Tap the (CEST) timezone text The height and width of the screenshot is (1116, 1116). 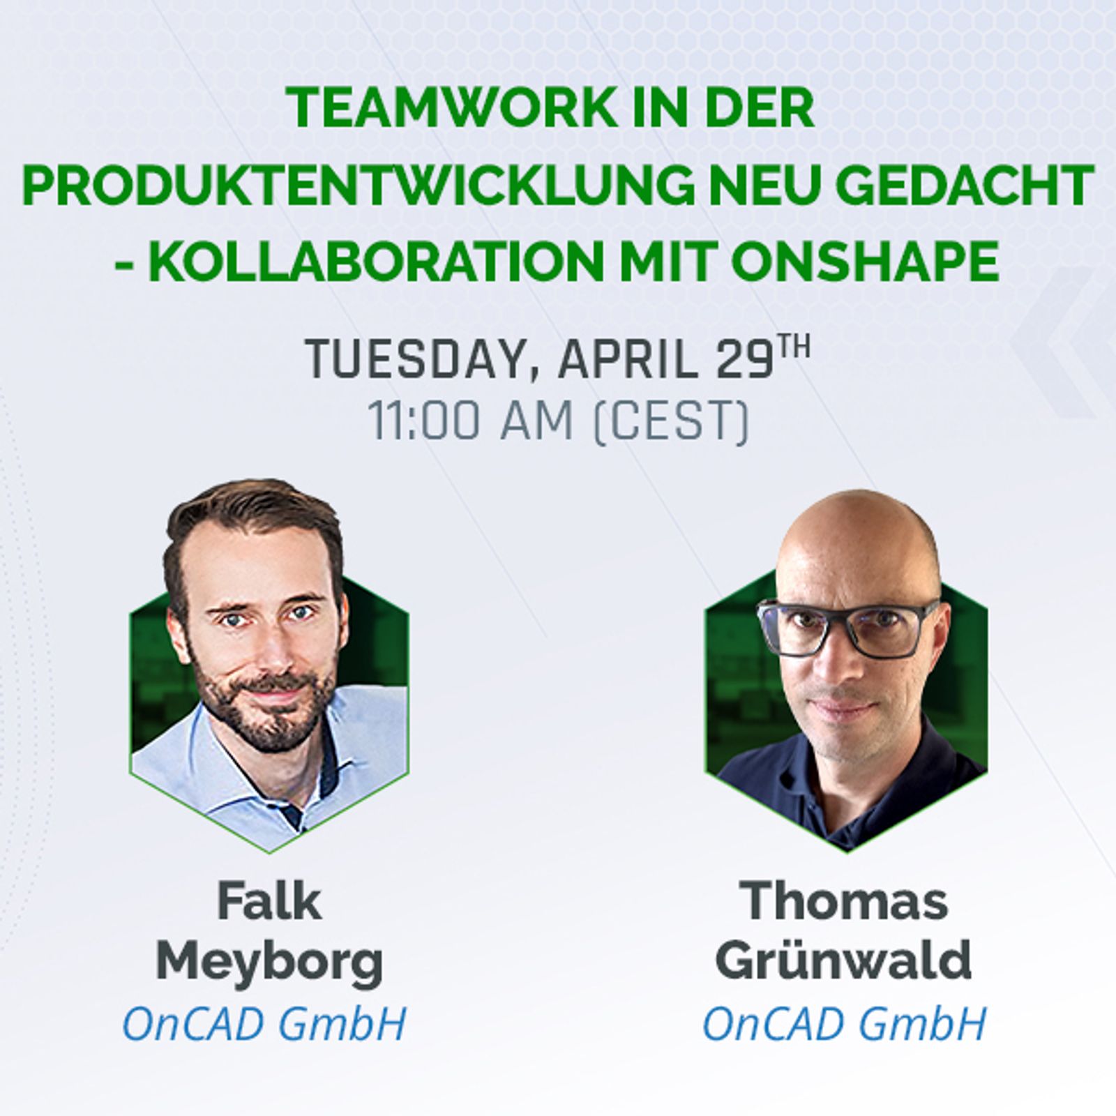pyautogui.click(x=670, y=421)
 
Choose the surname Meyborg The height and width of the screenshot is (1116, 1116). pyautogui.click(x=269, y=961)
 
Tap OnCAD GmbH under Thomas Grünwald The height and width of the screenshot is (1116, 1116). pyautogui.click(x=844, y=1023)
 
